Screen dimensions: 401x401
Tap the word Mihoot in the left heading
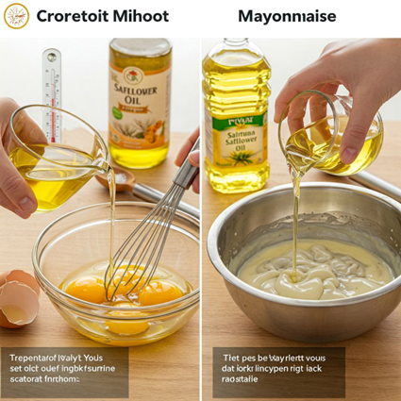(x=141, y=16)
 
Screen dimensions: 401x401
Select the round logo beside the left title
(x=16, y=16)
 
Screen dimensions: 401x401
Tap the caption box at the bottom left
(x=66, y=372)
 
